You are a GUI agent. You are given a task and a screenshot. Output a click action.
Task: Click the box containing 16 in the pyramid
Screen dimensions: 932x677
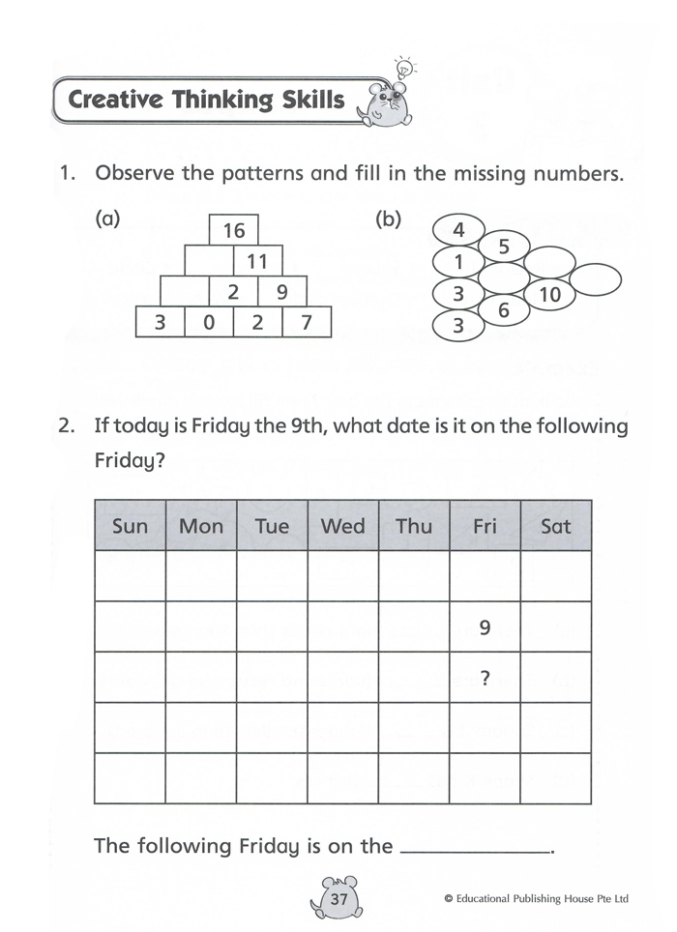point(234,230)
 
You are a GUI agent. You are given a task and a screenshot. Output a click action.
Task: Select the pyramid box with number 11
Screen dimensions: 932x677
point(257,261)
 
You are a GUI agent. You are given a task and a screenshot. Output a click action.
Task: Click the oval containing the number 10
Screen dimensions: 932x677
point(549,295)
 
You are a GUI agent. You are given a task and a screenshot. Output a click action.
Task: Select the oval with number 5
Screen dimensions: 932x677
point(503,247)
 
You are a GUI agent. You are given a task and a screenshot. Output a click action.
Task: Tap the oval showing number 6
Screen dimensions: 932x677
point(503,310)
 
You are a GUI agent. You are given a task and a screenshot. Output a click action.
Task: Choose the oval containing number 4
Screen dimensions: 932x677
point(459,230)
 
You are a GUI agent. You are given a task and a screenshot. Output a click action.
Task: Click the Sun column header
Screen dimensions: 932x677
point(131,526)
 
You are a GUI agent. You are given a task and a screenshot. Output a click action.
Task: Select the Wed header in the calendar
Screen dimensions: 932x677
point(343,526)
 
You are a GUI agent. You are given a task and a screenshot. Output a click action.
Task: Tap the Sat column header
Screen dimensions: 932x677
point(556,526)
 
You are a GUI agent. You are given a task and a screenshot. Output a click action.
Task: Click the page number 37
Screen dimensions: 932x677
point(338,899)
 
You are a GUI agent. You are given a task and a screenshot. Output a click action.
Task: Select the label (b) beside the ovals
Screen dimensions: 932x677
point(388,219)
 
